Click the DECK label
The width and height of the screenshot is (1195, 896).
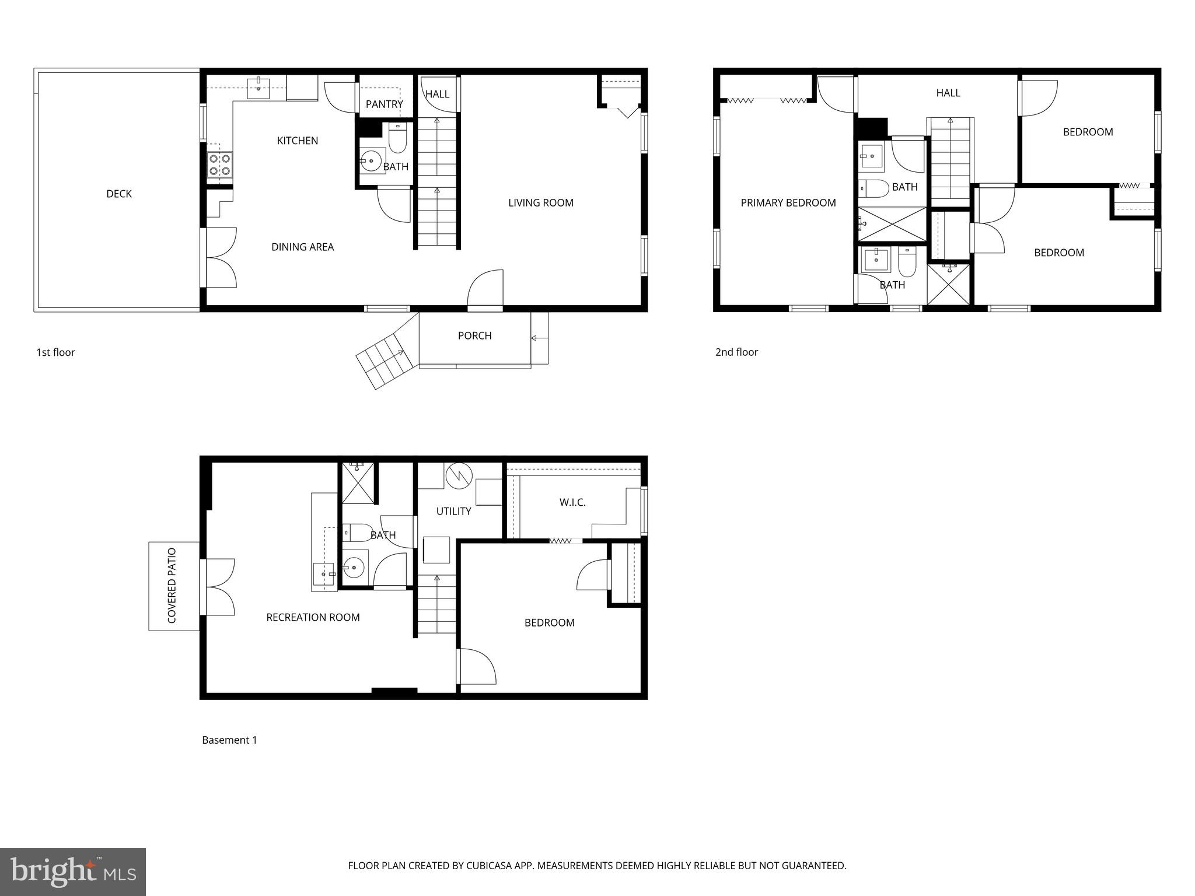click(x=119, y=194)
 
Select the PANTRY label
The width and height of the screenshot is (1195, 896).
click(x=384, y=104)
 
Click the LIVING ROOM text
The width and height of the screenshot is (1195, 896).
click(x=540, y=203)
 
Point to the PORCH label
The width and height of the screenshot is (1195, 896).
click(x=474, y=335)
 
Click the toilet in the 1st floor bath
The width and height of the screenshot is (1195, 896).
click(x=397, y=139)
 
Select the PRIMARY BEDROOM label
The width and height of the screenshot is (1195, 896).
click(x=788, y=203)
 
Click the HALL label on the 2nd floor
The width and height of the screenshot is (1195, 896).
click(x=948, y=93)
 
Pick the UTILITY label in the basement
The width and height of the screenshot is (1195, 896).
click(x=453, y=511)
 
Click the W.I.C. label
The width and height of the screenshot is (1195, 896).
click(x=572, y=502)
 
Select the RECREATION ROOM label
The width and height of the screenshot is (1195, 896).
click(x=313, y=617)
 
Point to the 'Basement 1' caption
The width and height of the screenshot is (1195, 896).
click(x=229, y=740)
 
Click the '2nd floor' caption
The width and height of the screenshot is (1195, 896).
click(x=736, y=352)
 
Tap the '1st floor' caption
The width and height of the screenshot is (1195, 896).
click(x=55, y=352)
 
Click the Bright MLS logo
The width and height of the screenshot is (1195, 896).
click(x=72, y=871)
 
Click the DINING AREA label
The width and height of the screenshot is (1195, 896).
click(x=302, y=247)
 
